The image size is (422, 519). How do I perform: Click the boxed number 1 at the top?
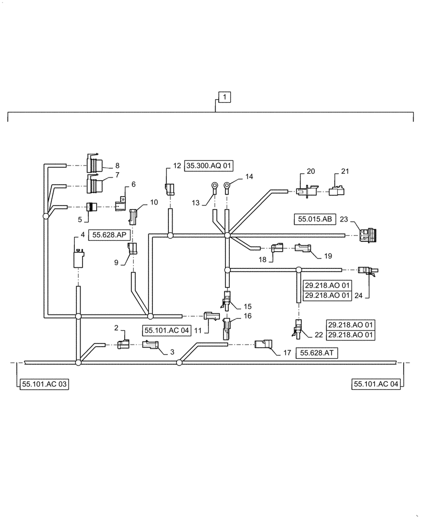(224, 97)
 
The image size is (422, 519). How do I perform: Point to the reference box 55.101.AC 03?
(44, 384)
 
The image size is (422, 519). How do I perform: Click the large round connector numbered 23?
(368, 236)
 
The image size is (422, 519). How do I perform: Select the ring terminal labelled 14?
(227, 186)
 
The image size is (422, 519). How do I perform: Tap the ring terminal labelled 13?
(213, 186)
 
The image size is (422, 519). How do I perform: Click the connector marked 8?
(95, 165)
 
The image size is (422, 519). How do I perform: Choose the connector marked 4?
(78, 258)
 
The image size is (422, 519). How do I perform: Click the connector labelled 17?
(263, 344)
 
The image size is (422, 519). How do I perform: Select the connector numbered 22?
(298, 327)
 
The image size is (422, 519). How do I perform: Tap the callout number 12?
(177, 166)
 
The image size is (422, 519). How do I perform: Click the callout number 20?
(311, 171)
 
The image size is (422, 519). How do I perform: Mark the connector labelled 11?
(212, 315)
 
